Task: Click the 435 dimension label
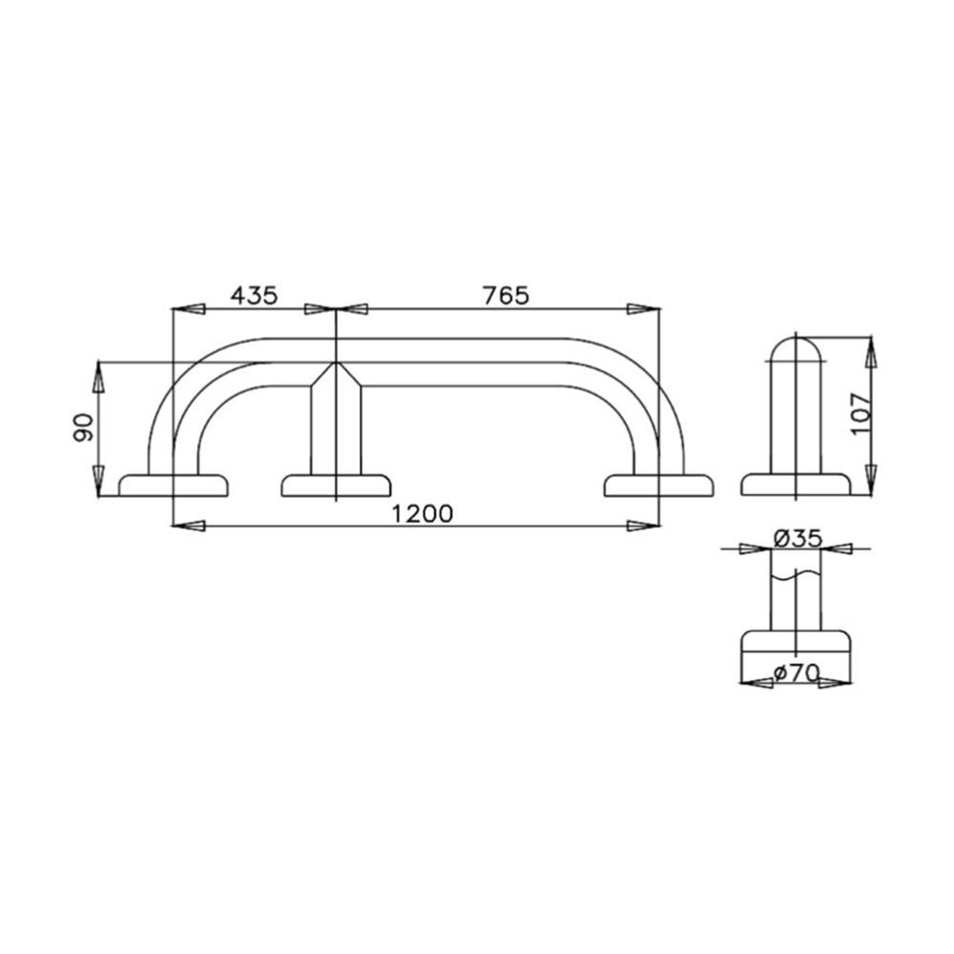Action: pos(253,295)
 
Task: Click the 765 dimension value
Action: pos(505,295)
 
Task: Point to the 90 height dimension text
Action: pos(84,426)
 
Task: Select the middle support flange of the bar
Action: pos(337,485)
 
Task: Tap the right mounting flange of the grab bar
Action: pos(660,485)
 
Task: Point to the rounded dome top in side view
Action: pos(796,348)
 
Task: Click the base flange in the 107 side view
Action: pos(796,485)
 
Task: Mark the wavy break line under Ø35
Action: pos(796,575)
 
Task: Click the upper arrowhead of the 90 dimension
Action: pos(97,378)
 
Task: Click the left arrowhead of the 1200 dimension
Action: pos(186,525)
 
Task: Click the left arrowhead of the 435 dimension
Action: pos(187,309)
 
